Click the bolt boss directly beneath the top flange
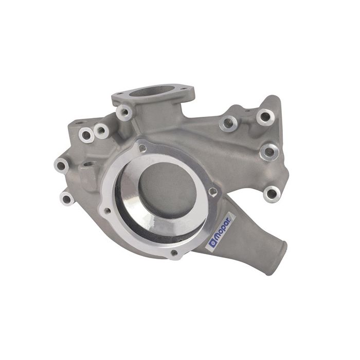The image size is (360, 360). [x=123, y=112]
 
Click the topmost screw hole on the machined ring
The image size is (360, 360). [x=142, y=148]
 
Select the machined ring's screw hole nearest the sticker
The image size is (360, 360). [x=212, y=192]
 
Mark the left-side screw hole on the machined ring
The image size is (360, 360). [x=106, y=210]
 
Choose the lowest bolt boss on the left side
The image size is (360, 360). [x=65, y=197]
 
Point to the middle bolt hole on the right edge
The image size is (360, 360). [x=268, y=151]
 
